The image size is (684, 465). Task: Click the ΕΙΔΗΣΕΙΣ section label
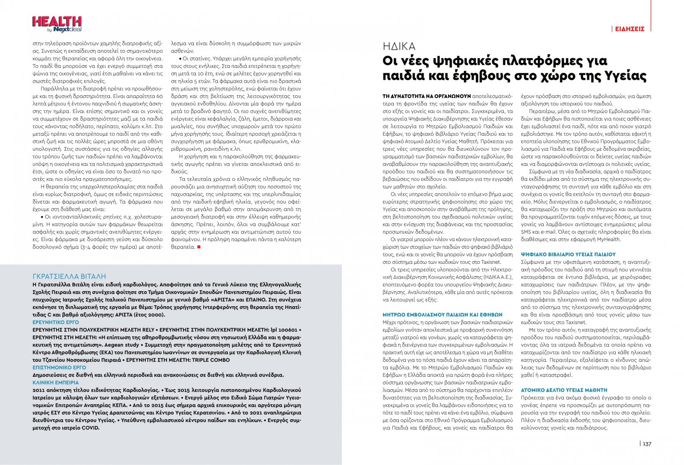[629, 29]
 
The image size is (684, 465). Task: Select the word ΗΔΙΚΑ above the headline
[398, 46]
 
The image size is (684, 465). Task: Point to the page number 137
[647, 444]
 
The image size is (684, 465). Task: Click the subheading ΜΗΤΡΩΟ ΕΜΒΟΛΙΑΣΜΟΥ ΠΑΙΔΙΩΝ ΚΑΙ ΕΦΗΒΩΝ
[442, 315]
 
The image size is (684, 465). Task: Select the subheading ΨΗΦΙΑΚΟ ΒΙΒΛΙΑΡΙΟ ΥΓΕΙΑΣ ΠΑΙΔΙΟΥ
[568, 254]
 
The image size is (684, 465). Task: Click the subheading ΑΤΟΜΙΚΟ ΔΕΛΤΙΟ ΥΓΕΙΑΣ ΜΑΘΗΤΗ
[564, 390]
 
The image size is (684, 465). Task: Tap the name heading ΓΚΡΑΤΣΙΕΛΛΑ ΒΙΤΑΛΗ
[69, 277]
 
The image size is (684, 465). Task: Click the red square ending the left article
[199, 247]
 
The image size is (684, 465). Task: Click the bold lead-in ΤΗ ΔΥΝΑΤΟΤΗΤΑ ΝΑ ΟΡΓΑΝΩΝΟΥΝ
[426, 96]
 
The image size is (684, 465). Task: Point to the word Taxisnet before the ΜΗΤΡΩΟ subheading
[491, 262]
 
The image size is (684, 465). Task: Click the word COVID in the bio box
[90, 428]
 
